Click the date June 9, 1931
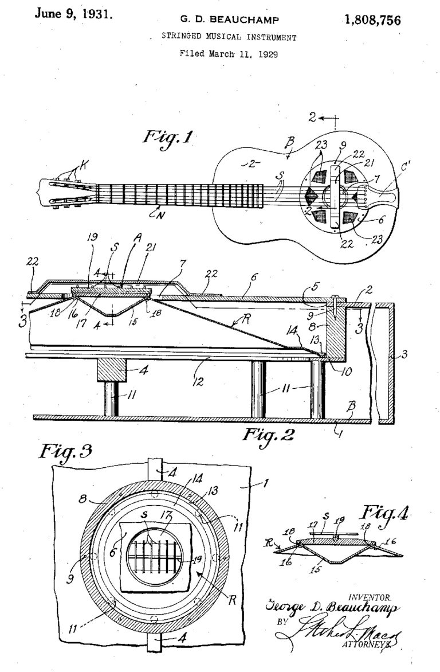point(73,14)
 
